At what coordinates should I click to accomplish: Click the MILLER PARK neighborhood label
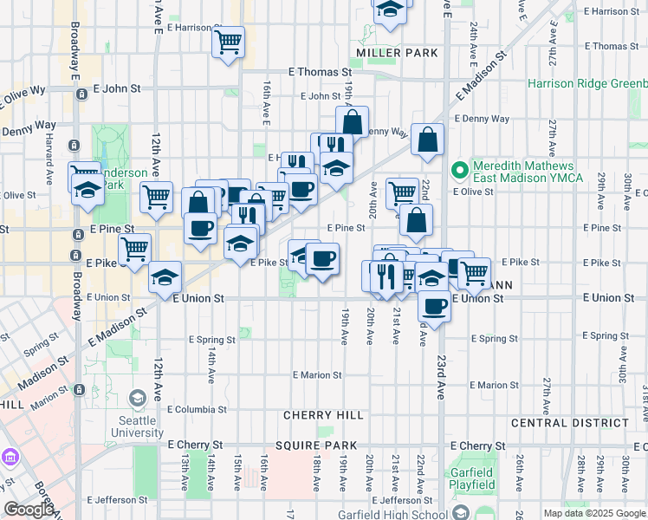click(397, 53)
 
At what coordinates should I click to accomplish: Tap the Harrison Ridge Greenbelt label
click(587, 84)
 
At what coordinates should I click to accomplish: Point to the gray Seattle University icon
click(137, 399)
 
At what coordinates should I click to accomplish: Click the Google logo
click(29, 510)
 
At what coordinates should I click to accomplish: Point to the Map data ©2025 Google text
click(593, 513)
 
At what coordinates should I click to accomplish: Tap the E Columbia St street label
click(197, 409)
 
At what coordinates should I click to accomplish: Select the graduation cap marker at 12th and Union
click(165, 277)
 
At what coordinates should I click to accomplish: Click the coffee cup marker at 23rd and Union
click(434, 305)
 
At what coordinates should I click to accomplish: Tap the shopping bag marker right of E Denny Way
click(428, 139)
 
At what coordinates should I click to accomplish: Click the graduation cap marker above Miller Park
click(390, 9)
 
